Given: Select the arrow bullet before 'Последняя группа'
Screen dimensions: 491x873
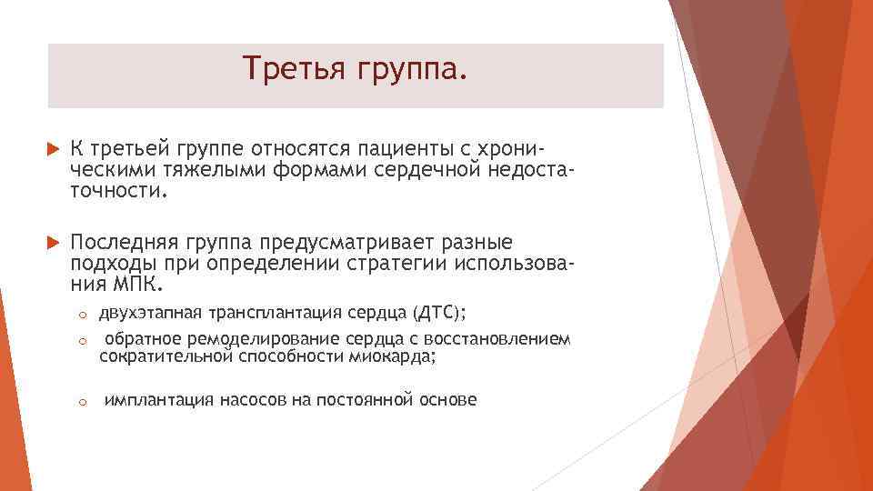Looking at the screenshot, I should coord(50,244).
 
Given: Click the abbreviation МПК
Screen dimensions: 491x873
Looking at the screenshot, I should coord(136,286).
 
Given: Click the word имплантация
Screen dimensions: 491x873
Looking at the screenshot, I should coord(160,399).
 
